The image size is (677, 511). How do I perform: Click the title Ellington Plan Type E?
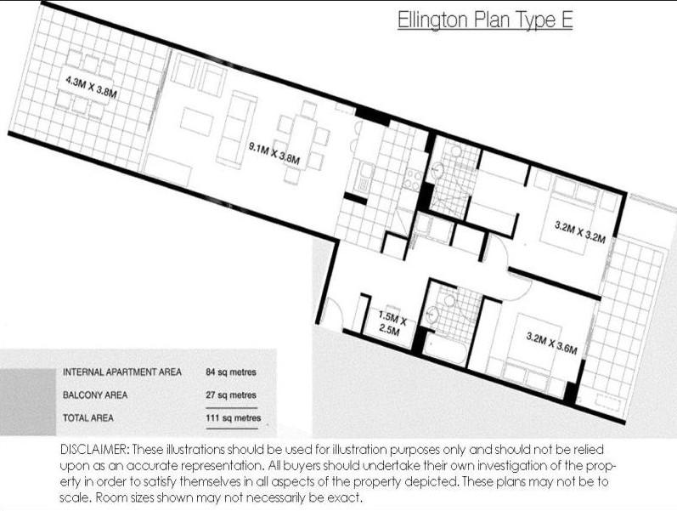485,20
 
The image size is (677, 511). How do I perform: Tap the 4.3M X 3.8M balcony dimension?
91,87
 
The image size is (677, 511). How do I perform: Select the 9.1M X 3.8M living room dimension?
274,153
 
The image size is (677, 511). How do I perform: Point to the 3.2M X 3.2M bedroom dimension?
580,232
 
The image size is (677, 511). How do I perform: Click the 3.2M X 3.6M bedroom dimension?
552,343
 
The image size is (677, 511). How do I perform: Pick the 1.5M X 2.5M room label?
392,323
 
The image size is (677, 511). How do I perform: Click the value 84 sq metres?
231,372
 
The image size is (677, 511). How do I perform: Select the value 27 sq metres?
231,395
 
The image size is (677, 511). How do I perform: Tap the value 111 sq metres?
233,418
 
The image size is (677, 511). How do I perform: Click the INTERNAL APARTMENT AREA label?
122,372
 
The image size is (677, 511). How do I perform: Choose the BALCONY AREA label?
95,395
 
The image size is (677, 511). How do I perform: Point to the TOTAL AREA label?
88,417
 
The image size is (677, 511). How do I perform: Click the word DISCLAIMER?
94,450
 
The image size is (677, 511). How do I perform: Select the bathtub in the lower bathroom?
445,348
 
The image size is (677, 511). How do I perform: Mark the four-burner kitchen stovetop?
413,179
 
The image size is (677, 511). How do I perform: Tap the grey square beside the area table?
28,402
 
